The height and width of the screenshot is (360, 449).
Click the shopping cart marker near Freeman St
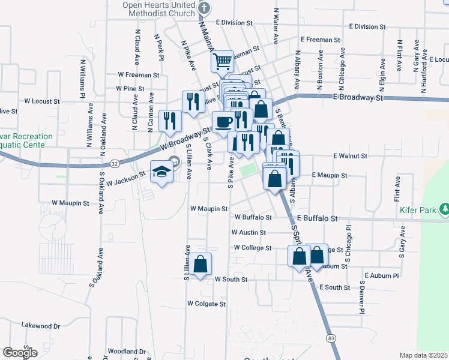coord(223,60)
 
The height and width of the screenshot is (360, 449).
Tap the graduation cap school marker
coord(161,172)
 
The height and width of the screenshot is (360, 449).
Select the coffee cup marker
coord(224,122)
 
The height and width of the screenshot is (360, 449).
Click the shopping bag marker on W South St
coord(202,263)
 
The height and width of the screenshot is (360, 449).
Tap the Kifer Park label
coord(416,210)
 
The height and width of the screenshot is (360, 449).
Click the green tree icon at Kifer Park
coord(445,209)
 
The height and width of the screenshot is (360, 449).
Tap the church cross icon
coord(204,8)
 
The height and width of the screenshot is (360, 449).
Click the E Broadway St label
coord(358,97)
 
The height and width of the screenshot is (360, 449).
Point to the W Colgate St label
coord(206,304)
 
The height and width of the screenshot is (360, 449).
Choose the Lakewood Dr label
coord(41,326)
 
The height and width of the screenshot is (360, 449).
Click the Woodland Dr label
coord(127,352)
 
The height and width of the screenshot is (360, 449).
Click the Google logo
coord(20,353)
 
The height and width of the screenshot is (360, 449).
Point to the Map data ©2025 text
coord(424,355)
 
